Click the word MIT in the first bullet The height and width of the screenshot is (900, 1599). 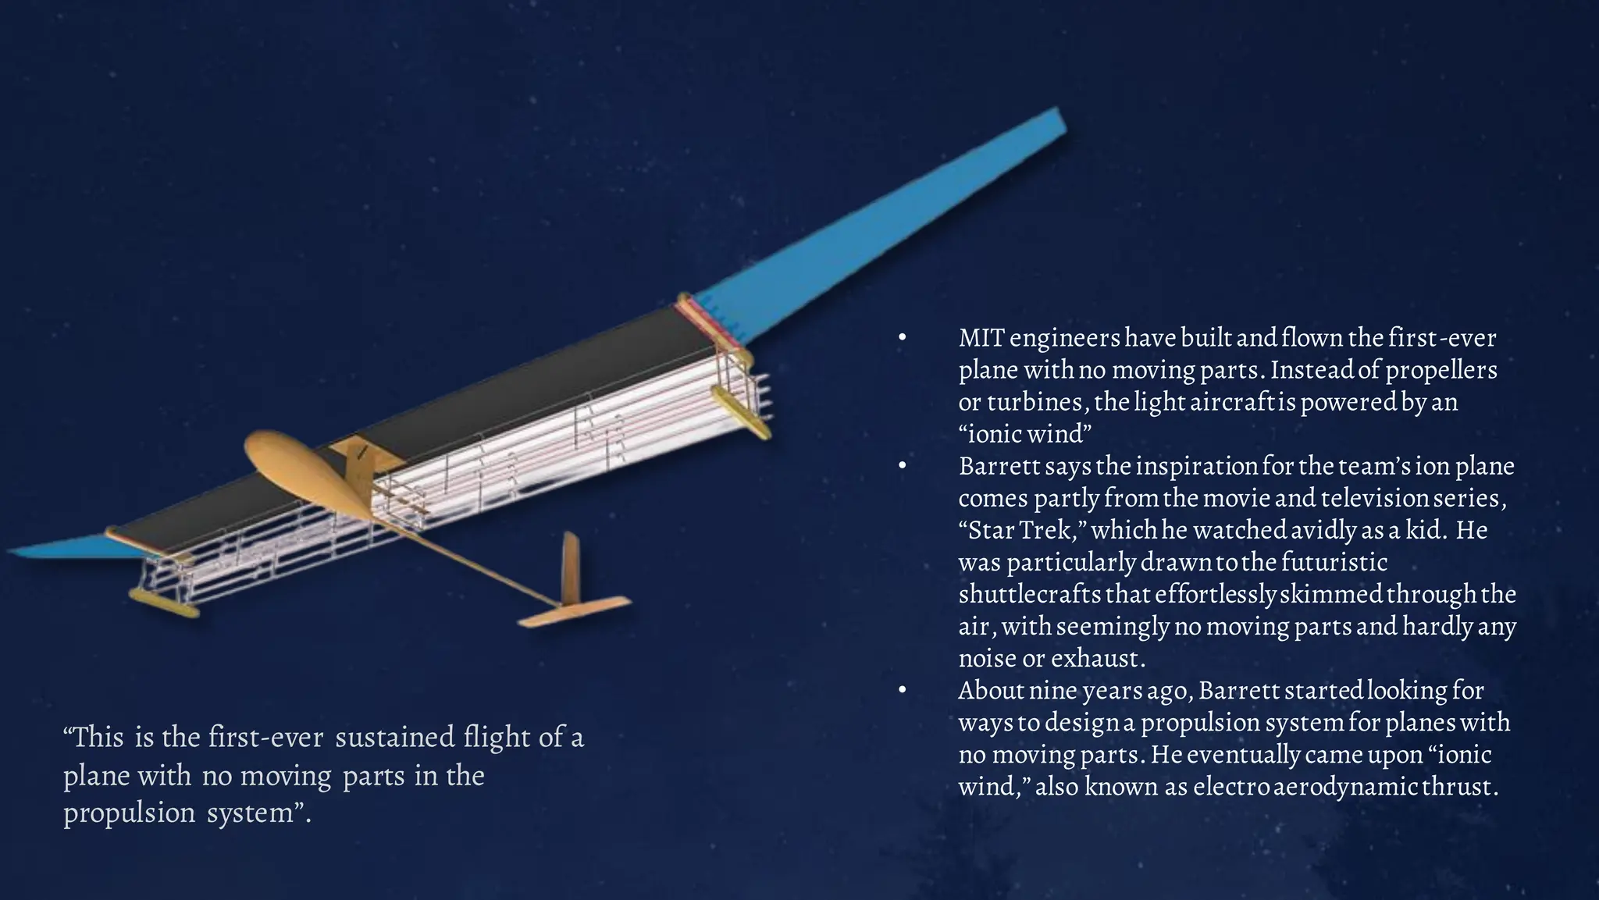point(981,338)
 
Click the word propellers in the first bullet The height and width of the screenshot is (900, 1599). point(1441,370)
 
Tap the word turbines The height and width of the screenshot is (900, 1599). point(1035,403)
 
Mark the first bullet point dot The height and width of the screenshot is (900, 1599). point(902,339)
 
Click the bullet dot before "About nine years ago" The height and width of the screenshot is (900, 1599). point(902,691)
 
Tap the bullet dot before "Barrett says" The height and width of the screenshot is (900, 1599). point(902,467)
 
